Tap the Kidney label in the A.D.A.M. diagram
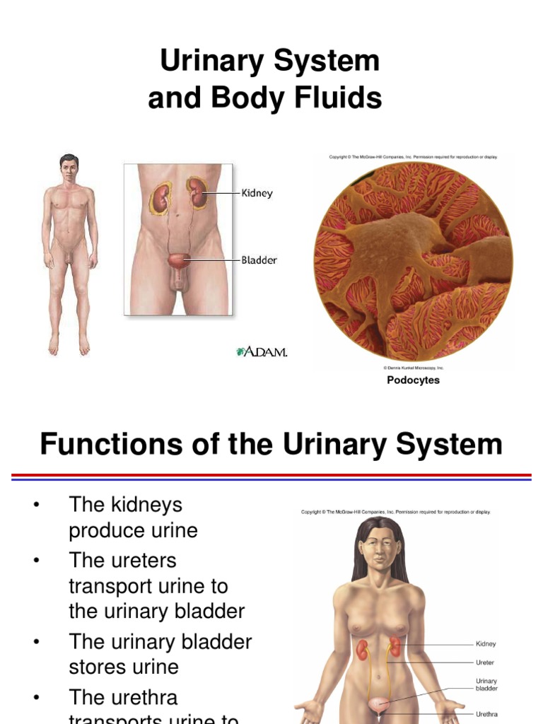point(257,193)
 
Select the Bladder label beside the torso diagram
point(259,260)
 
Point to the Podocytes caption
point(413,380)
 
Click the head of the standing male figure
point(69,168)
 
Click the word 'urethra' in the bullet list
point(142,697)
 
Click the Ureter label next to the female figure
point(485,663)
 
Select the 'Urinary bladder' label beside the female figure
point(486,684)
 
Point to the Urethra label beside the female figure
point(486,714)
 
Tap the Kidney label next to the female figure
point(486,644)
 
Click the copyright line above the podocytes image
point(413,157)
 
